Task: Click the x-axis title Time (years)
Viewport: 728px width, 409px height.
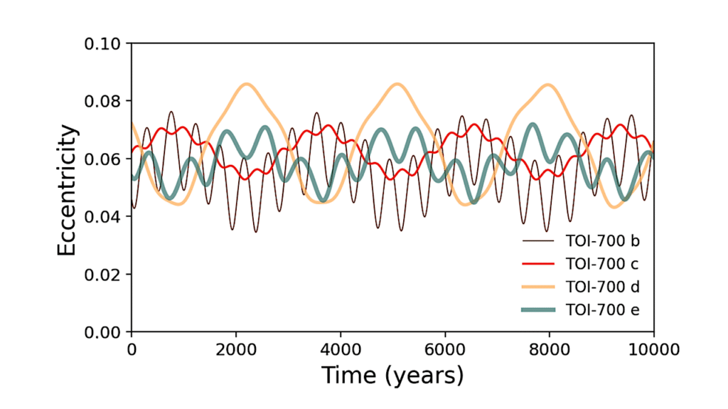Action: (x=392, y=375)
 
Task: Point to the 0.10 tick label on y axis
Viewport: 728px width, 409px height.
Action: (x=104, y=43)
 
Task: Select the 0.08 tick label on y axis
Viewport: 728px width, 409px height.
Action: (x=104, y=101)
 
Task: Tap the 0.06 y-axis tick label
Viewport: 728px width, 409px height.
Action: (x=104, y=159)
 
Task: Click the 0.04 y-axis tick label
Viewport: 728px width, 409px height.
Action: (x=104, y=216)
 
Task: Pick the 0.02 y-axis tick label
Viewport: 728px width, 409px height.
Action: (x=104, y=274)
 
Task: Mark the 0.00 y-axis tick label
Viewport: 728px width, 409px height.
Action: (x=104, y=332)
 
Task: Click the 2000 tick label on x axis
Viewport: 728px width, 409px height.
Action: (x=235, y=349)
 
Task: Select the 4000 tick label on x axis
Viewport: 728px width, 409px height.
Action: (x=340, y=349)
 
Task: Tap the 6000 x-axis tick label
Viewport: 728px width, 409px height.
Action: (x=445, y=349)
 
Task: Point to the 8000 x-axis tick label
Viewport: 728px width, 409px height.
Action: (x=550, y=349)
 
